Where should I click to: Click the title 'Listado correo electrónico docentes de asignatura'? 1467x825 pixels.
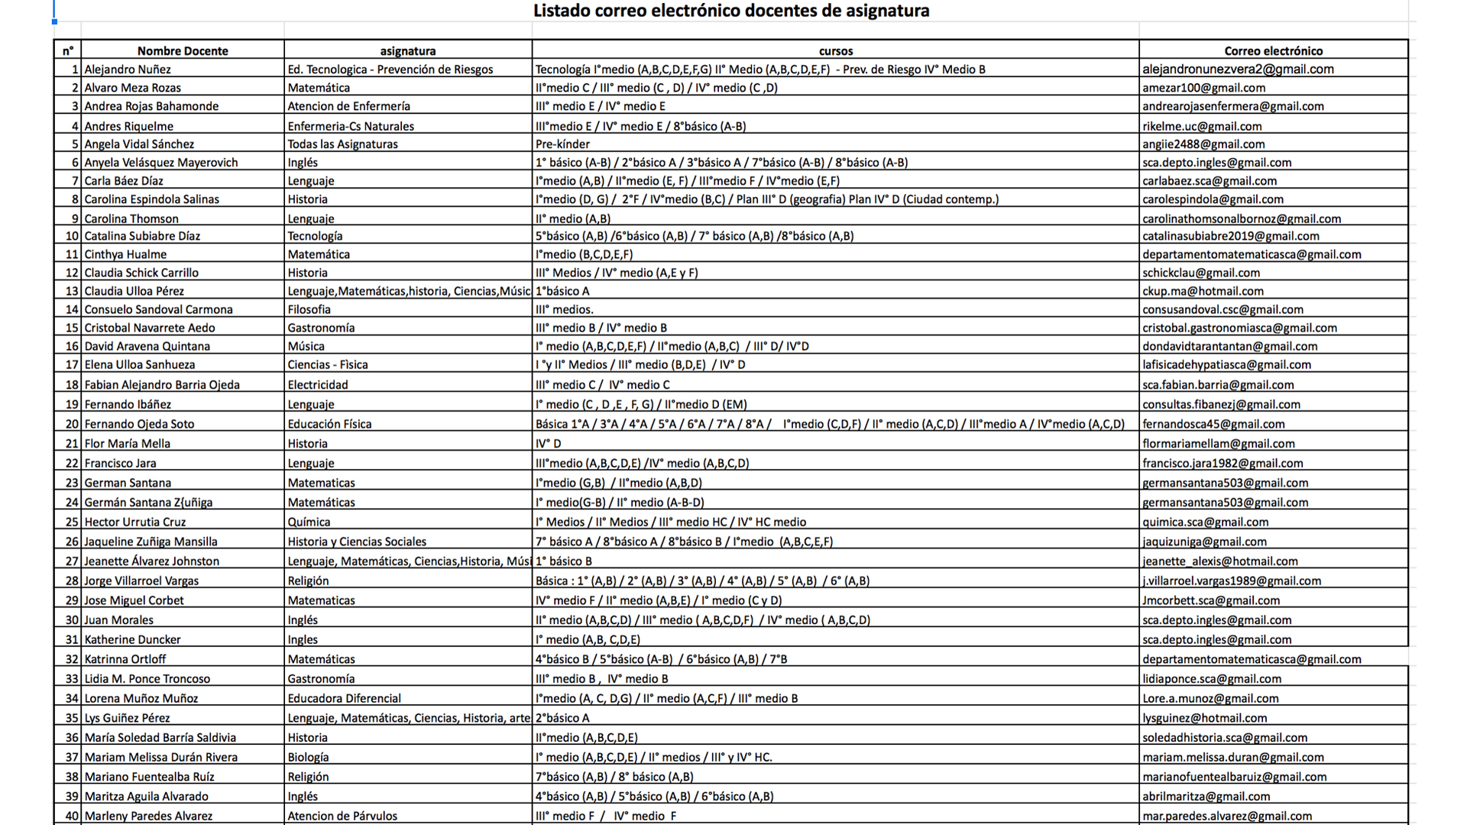point(731,11)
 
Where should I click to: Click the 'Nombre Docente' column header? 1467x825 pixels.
point(183,51)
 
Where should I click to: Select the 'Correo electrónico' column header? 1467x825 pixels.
point(1273,51)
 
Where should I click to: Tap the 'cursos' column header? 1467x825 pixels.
point(835,51)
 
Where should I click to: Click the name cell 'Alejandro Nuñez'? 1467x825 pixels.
point(128,70)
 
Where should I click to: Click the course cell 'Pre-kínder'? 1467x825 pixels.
point(562,144)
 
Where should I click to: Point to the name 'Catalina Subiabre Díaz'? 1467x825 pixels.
point(142,236)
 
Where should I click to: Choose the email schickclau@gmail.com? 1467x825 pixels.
point(1201,273)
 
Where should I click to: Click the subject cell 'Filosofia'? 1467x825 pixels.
point(309,309)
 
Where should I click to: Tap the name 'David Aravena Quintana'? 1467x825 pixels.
point(147,346)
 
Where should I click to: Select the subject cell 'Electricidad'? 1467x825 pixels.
point(317,385)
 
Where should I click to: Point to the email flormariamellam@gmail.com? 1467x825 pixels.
point(1219,444)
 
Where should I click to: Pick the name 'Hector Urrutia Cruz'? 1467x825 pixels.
point(134,522)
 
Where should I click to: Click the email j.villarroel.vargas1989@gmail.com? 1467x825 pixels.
point(1232,581)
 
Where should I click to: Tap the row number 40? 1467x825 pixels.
point(72,816)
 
